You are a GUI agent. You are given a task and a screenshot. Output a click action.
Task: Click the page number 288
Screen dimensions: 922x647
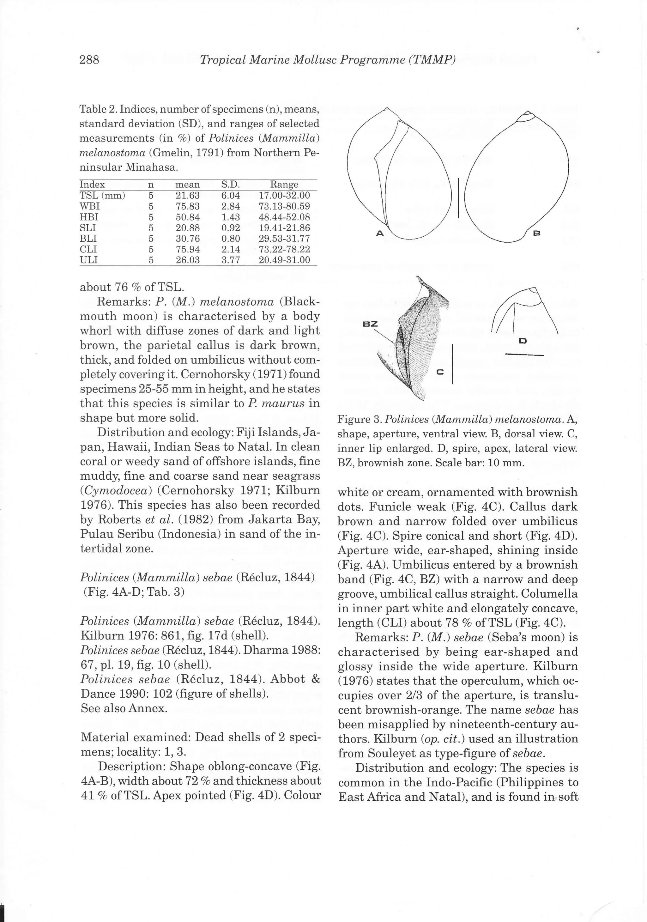89,60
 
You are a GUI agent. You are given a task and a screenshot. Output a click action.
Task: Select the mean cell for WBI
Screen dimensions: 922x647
188,206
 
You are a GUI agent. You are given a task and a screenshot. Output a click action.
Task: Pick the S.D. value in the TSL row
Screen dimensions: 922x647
231,196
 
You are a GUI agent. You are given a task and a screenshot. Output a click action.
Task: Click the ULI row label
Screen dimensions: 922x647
89,260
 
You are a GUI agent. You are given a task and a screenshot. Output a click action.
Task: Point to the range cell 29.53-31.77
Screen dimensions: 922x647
284,239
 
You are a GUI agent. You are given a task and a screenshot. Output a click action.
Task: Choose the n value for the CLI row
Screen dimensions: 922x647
151,249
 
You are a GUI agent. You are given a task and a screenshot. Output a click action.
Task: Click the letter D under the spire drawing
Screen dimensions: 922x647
523,341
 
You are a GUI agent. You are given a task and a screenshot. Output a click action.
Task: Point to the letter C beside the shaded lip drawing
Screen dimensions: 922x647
440,372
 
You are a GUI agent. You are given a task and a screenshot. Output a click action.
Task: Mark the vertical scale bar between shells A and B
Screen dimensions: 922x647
458,198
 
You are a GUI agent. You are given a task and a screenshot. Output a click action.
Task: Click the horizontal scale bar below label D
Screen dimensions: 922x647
524,355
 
